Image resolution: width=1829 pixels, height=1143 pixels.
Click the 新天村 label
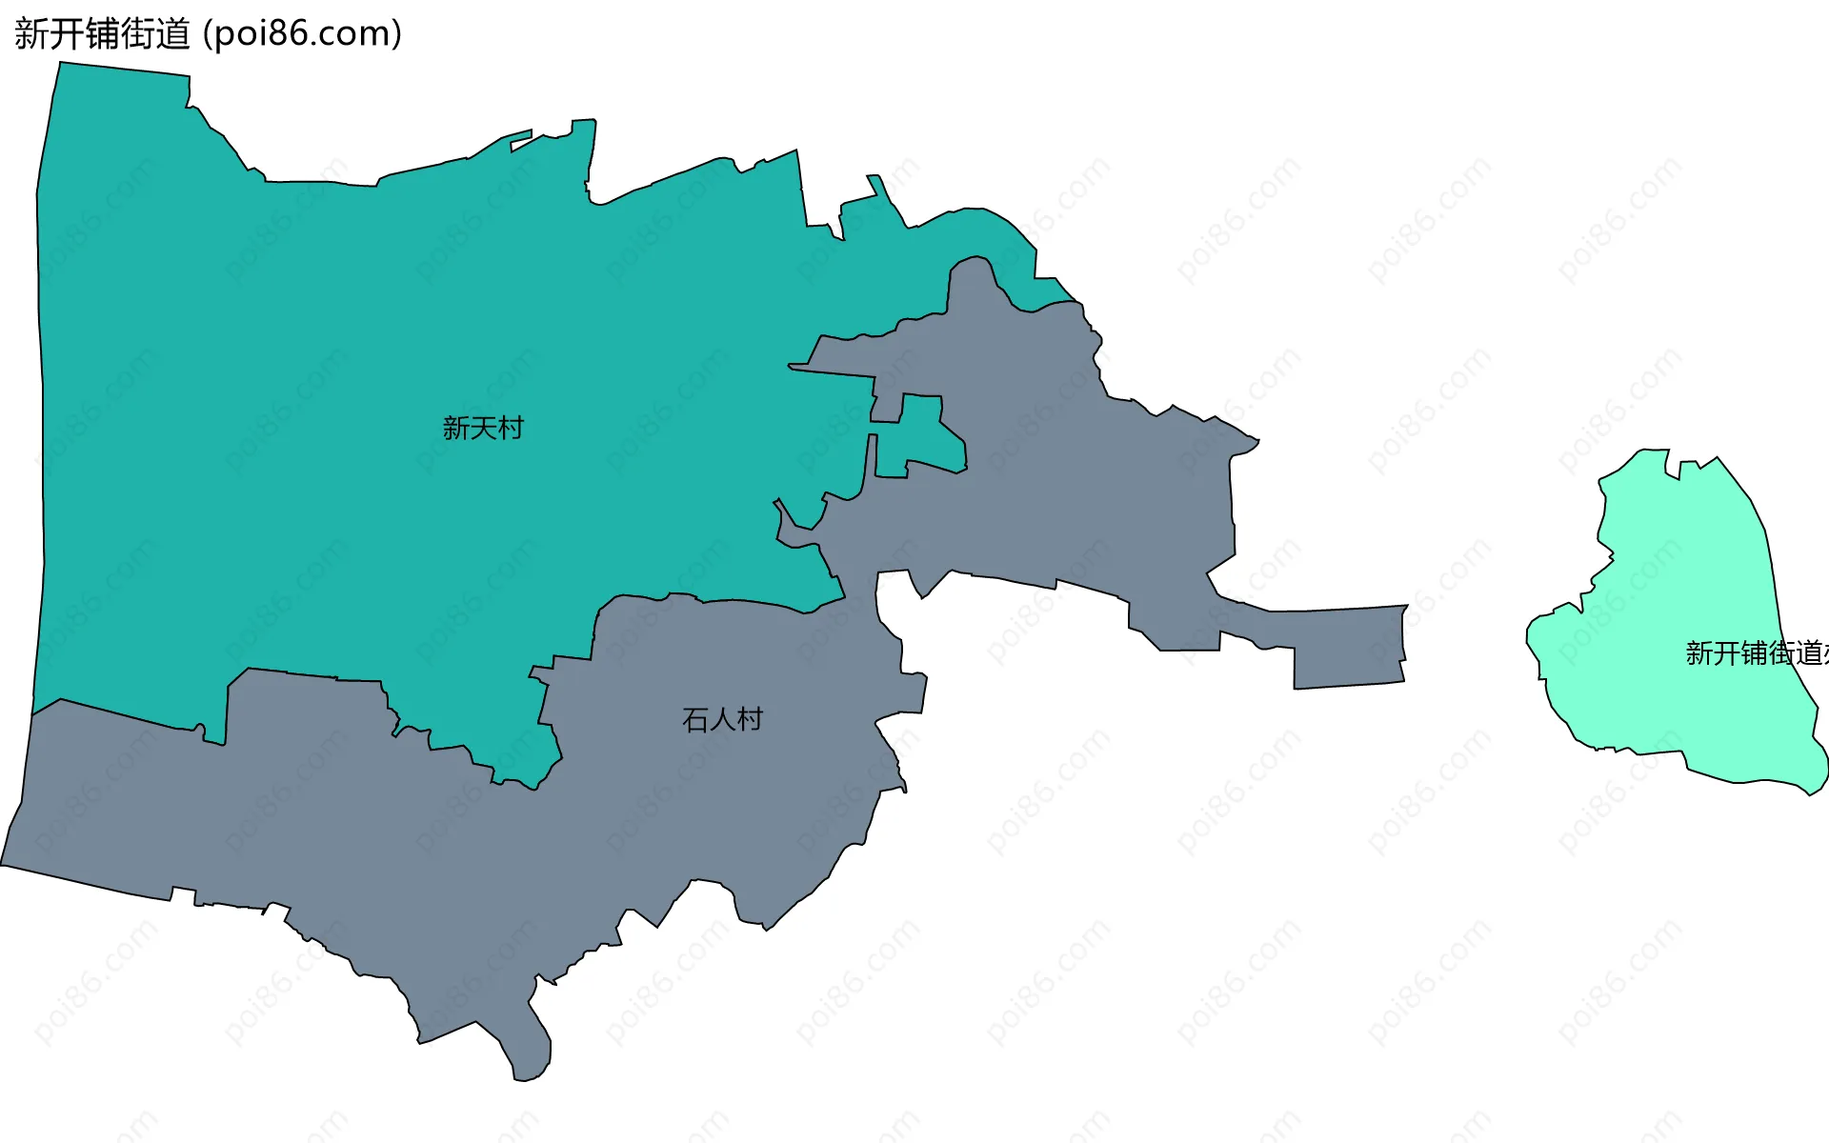click(483, 428)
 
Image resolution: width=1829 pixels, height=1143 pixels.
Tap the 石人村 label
click(723, 719)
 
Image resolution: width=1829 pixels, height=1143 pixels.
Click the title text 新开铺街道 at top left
click(103, 34)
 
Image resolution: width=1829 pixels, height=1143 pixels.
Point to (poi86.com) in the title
click(303, 34)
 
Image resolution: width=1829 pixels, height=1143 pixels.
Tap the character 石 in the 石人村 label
click(695, 719)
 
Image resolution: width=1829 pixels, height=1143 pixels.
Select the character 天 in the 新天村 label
click(483, 428)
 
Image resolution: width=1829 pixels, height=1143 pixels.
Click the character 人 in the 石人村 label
click(723, 719)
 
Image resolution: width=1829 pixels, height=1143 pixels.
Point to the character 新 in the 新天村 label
click(456, 428)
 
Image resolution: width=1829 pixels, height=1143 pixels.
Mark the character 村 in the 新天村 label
click(511, 428)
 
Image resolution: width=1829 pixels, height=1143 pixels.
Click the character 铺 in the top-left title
click(103, 34)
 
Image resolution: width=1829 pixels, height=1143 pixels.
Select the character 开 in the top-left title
click(68, 34)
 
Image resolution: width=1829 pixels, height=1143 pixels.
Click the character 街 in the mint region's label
click(1782, 652)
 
